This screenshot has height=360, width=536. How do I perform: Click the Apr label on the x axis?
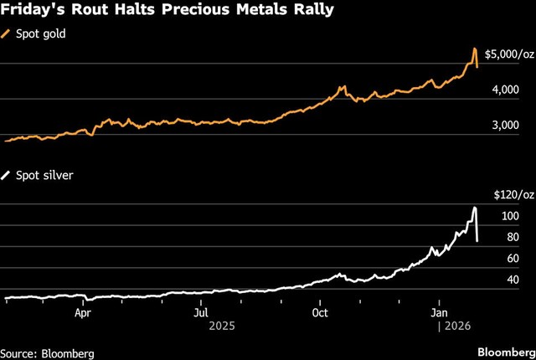coord(82,313)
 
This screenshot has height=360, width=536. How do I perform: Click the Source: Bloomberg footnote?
coord(47,352)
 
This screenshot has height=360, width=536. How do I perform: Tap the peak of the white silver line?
coord(475,208)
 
